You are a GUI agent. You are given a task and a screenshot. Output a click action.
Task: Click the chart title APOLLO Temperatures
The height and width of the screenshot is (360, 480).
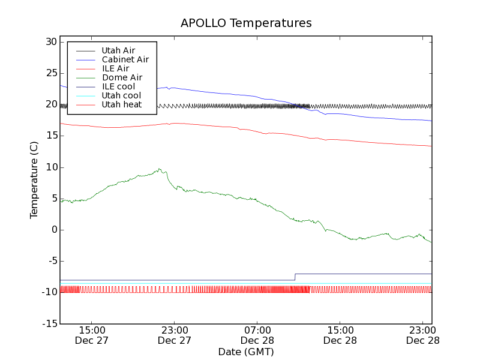[x=246, y=23]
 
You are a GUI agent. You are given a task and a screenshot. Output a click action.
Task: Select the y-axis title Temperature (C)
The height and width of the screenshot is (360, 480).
[x=34, y=180]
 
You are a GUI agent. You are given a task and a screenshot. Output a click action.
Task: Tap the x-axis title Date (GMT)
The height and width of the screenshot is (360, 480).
[x=246, y=352]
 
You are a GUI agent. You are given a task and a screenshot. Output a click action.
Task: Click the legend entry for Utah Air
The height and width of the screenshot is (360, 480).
[x=118, y=50]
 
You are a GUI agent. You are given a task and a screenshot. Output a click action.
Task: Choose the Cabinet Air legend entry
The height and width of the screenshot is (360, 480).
[x=125, y=59]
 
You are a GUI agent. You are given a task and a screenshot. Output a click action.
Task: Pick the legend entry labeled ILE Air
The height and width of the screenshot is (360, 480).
[x=115, y=68]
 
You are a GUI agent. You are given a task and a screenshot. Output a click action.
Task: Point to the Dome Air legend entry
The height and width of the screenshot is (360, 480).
[x=122, y=77]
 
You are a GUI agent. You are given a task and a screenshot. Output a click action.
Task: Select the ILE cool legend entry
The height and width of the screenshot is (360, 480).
[x=118, y=86]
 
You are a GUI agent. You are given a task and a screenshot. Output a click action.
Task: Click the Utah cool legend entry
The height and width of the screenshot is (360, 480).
[x=121, y=95]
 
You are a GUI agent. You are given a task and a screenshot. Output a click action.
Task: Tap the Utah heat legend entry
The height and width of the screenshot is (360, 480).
[x=121, y=104]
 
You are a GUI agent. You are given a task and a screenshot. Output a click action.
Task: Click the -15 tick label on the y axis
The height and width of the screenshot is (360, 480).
[x=49, y=324]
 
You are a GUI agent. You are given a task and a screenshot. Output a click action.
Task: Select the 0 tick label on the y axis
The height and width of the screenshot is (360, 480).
[x=54, y=230]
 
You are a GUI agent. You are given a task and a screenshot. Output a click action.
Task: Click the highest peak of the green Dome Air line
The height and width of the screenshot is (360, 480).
[x=160, y=169]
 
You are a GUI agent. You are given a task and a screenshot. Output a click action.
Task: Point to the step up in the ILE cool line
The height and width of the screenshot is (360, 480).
[x=295, y=277]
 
